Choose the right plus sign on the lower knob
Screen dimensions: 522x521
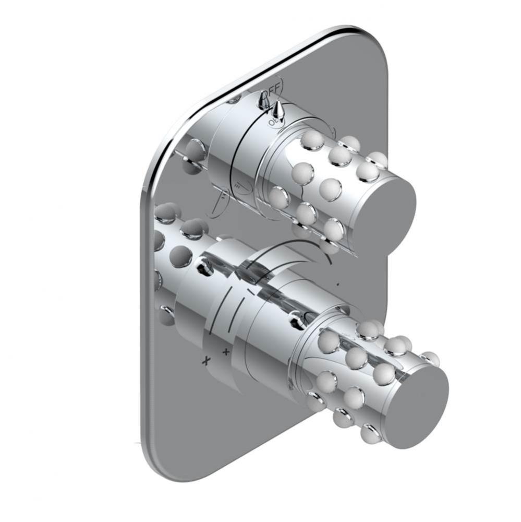click(x=226, y=351)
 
